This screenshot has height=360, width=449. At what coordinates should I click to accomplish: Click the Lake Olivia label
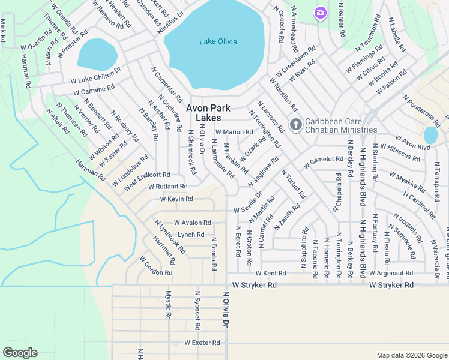[218, 41]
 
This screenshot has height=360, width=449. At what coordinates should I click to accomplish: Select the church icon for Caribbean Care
[295, 124]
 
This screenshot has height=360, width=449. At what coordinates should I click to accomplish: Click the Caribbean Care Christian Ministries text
[341, 125]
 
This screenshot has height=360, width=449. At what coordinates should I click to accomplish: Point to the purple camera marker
[320, 13]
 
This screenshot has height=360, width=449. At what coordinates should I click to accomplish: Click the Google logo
[20, 353]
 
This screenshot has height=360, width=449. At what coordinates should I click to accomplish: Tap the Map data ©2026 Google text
[412, 355]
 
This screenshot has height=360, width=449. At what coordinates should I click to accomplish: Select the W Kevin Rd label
[176, 199]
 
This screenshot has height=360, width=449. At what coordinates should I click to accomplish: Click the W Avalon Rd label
[193, 223]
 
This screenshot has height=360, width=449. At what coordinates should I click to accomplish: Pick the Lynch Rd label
[191, 235]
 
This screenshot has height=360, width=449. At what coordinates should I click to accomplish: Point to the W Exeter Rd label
[202, 343]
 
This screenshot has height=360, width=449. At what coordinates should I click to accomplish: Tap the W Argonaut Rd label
[393, 273]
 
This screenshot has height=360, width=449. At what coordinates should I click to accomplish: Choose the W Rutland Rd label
[167, 187]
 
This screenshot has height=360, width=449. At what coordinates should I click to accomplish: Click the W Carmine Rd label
[94, 91]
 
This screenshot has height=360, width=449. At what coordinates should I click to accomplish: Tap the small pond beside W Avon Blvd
[431, 135]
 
